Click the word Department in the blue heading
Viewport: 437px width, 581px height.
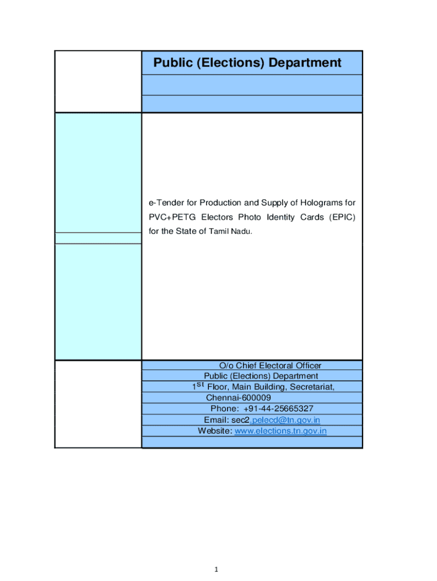click(x=305, y=63)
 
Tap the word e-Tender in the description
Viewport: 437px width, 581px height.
click(x=165, y=203)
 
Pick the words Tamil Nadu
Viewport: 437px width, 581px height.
click(x=228, y=231)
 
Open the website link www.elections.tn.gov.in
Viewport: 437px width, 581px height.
click(x=281, y=431)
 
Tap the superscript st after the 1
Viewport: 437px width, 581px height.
click(x=200, y=384)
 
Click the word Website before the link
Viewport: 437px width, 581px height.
click(x=215, y=431)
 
